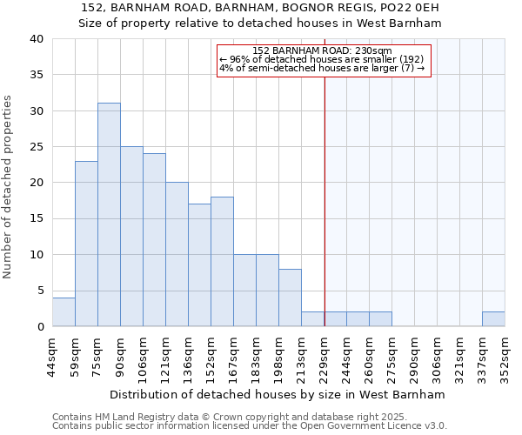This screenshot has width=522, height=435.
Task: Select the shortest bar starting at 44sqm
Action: [64, 312]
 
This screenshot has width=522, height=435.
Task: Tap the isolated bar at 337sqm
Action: [493, 319]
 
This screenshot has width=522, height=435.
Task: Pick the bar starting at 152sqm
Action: [222, 262]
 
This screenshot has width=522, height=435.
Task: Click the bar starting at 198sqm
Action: [290, 298]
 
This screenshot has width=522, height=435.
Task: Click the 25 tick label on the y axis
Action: [37, 147]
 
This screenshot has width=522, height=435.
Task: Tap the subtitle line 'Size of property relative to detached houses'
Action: [260, 23]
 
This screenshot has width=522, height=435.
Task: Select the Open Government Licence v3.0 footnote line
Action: [250, 426]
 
